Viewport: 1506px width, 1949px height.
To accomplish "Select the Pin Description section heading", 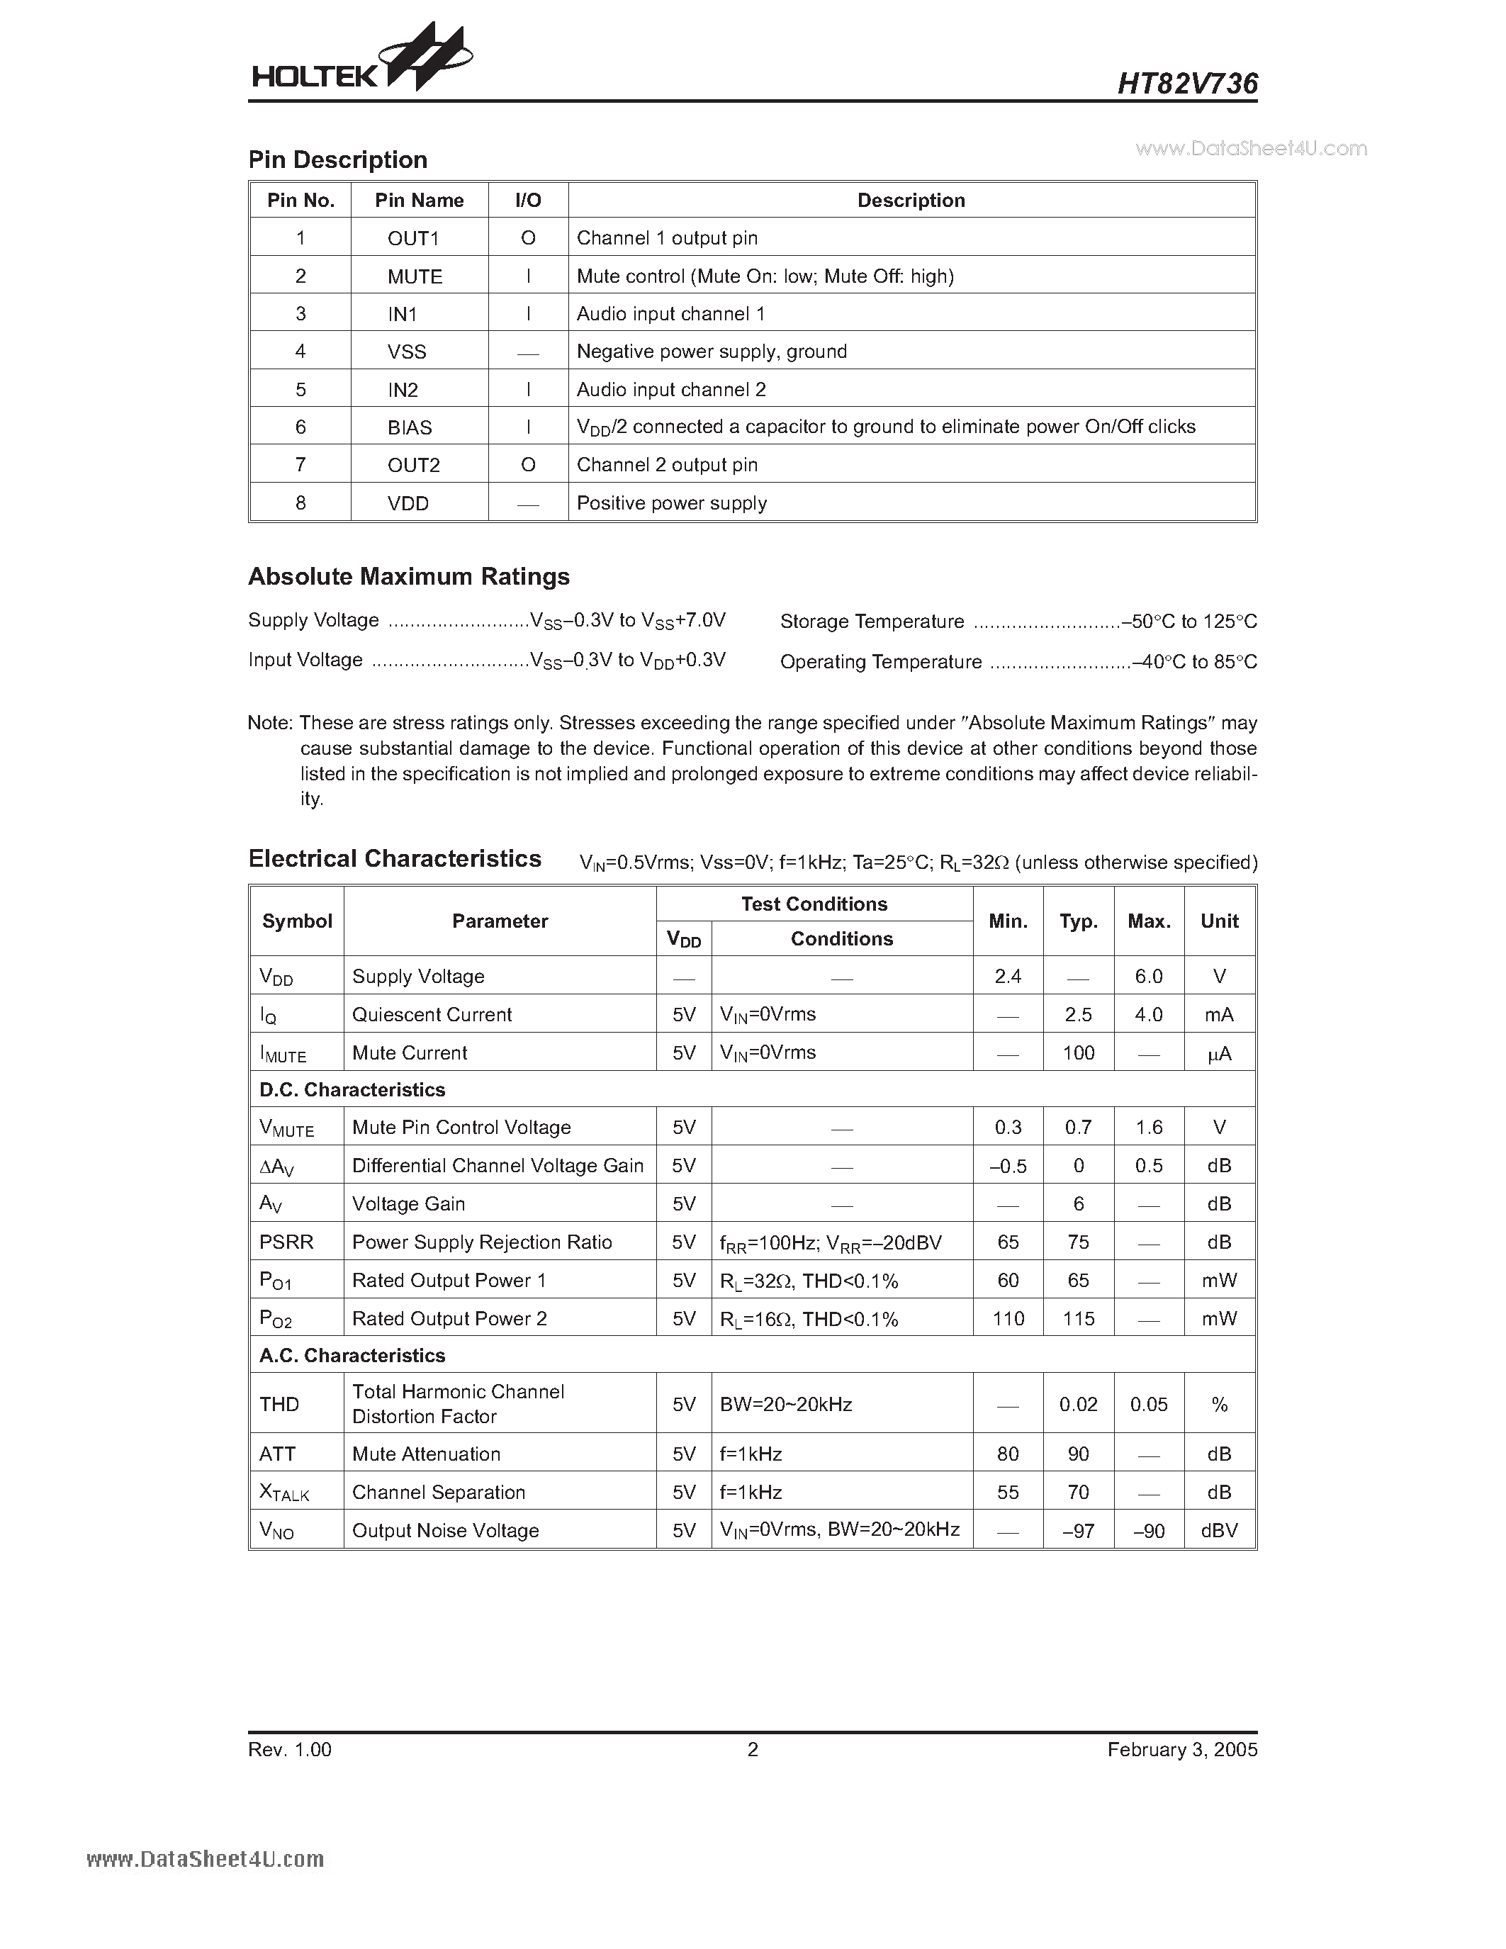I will (337, 159).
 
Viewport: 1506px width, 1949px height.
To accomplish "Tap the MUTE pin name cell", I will (415, 276).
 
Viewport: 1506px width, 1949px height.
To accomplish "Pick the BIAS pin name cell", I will (410, 427).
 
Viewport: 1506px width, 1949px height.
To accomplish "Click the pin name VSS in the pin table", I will (407, 352).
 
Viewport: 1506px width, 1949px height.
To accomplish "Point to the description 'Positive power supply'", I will (671, 503).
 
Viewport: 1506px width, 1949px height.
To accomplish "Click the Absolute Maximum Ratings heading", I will (409, 576).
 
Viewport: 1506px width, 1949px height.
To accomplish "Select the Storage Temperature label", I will (872, 621).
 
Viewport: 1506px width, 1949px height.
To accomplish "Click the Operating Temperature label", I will (881, 662).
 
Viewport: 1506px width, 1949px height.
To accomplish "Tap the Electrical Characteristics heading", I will (394, 858).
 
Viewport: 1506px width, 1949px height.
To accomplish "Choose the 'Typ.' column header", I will (1078, 921).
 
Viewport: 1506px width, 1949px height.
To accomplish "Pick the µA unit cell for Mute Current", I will (1219, 1053).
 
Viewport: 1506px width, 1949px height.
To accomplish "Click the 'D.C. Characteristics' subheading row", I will (352, 1089).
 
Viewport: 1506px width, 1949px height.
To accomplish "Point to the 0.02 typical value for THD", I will (1078, 1405).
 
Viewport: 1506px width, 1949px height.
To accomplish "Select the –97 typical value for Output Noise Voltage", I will (1078, 1530).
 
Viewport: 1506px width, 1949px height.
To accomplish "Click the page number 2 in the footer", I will (752, 1749).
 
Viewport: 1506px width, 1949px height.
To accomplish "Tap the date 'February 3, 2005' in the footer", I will (1182, 1749).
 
